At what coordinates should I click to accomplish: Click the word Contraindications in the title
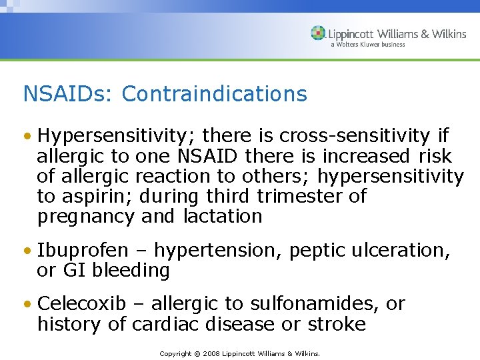pyautogui.click(x=214, y=94)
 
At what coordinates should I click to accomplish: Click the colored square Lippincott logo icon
pyautogui.click(x=318, y=33)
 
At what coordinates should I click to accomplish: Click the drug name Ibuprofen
pyautogui.click(x=83, y=251)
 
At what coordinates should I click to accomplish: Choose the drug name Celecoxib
pyautogui.click(x=82, y=304)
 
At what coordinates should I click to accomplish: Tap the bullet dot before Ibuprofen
pyautogui.click(x=27, y=251)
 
